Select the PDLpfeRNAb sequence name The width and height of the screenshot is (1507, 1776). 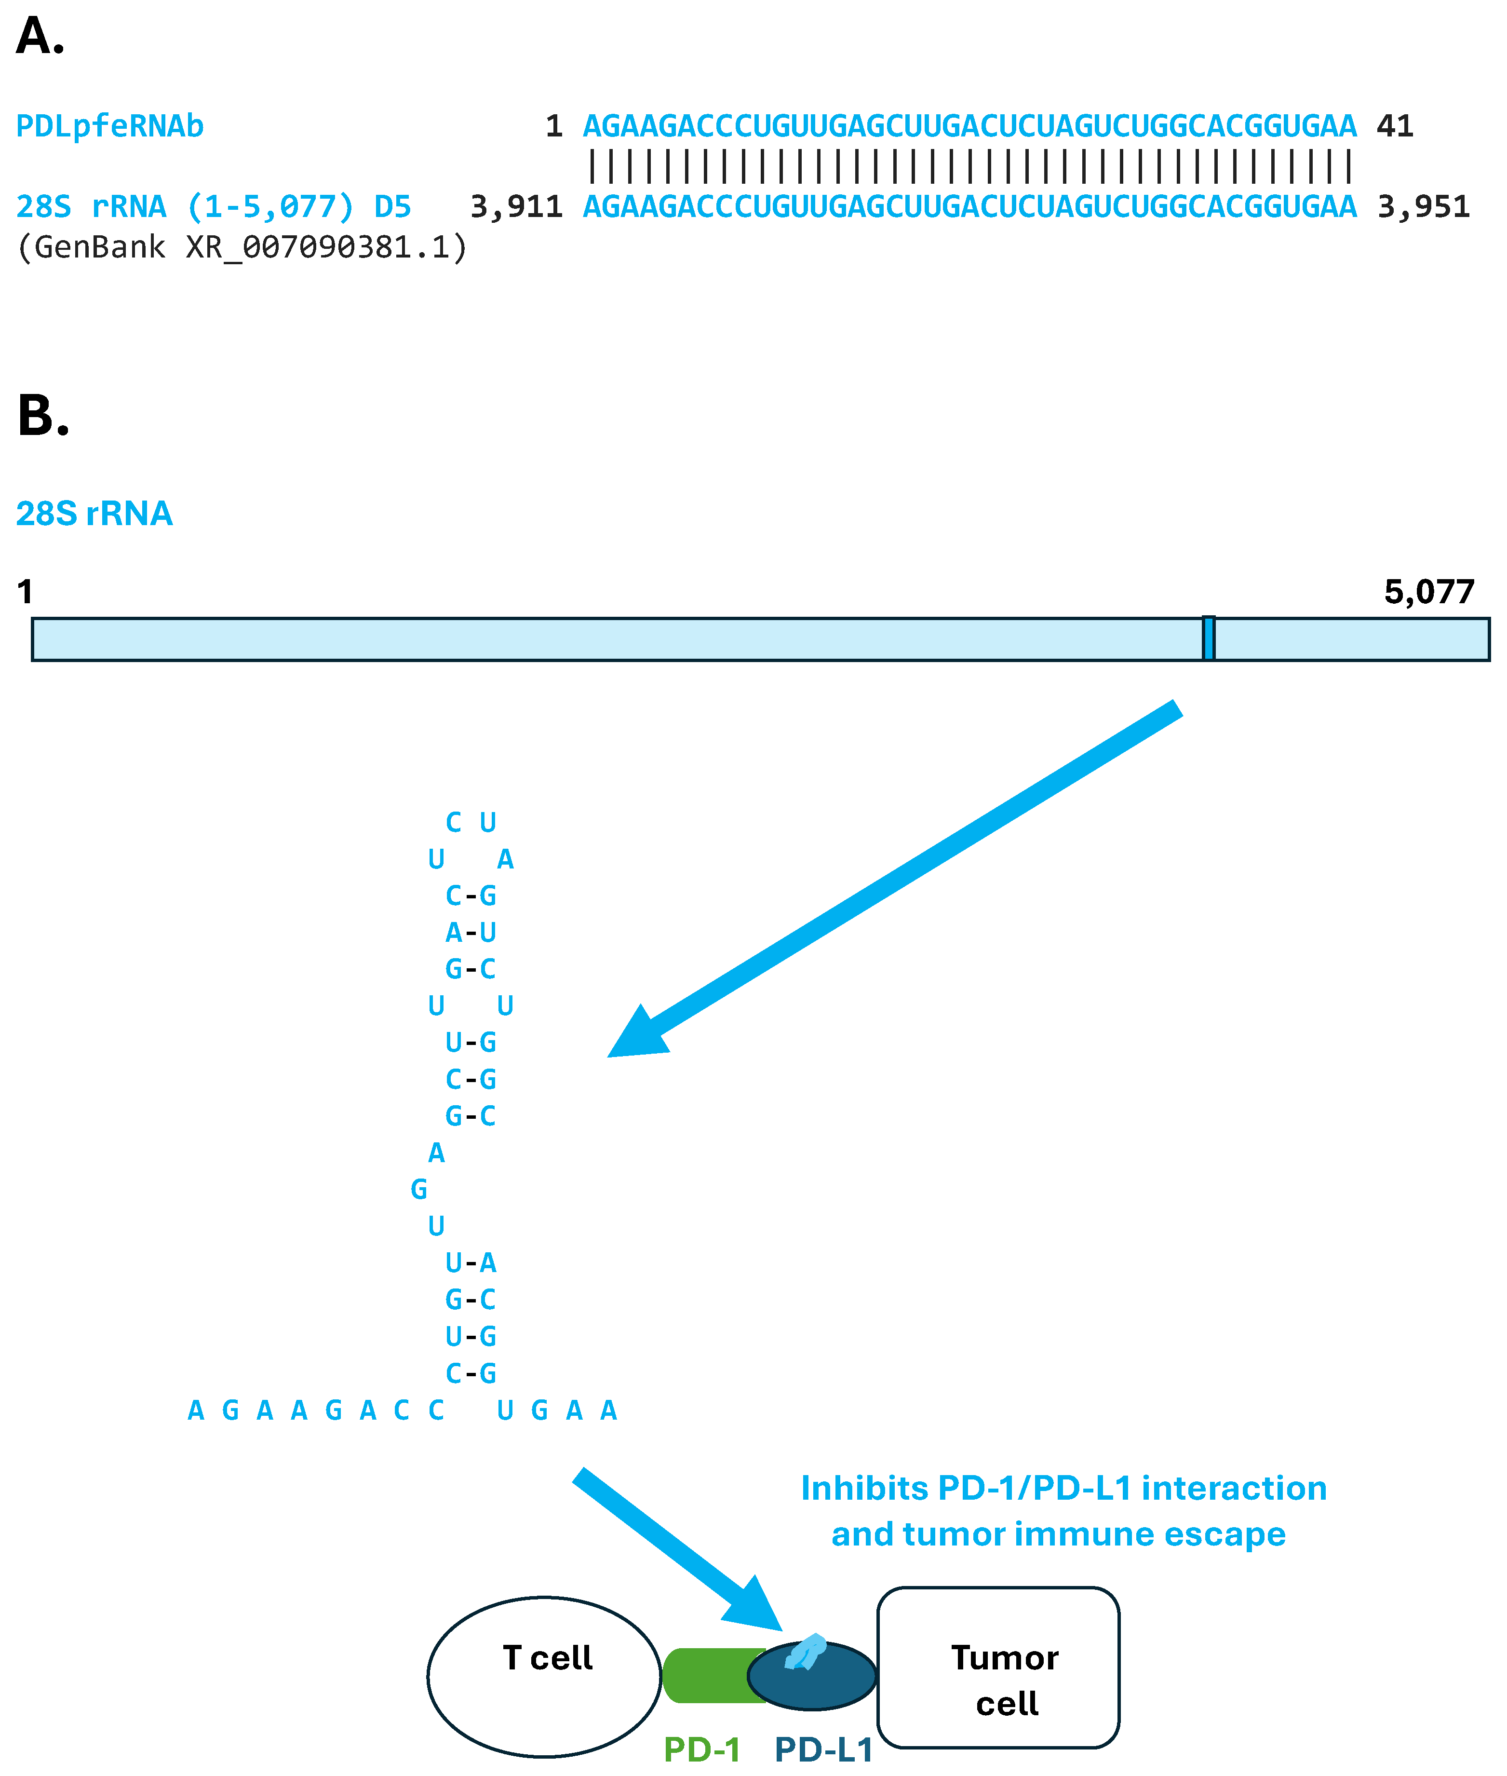click(x=109, y=126)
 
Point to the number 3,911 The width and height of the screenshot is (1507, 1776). click(x=516, y=207)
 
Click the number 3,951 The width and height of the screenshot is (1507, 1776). click(x=1423, y=207)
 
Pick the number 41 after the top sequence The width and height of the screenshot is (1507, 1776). click(x=1394, y=126)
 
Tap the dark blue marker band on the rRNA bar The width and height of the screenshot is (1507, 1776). click(x=1208, y=638)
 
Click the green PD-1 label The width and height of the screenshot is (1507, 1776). click(x=701, y=1749)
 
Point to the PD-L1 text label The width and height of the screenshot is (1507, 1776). click(x=823, y=1749)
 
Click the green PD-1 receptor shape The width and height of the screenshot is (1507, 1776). click(x=709, y=1675)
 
